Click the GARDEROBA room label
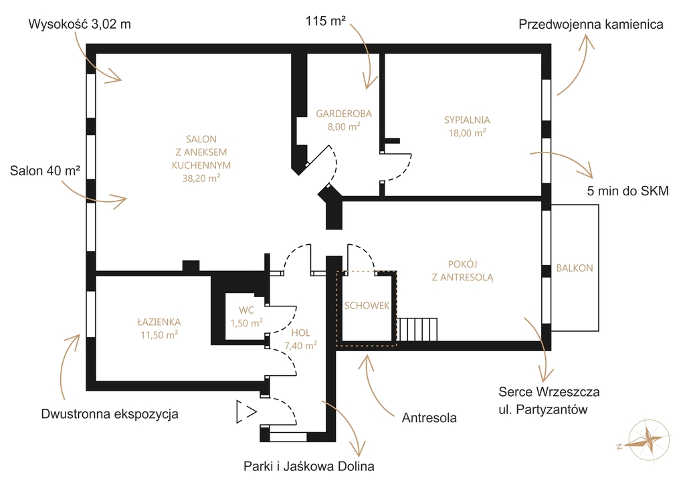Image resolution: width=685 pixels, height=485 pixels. pyautogui.click(x=344, y=114)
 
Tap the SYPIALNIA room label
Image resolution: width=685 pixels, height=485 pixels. pyautogui.click(x=467, y=120)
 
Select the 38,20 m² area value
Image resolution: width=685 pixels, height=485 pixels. pyautogui.click(x=201, y=178)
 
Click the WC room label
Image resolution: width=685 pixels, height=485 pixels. pyautogui.click(x=246, y=310)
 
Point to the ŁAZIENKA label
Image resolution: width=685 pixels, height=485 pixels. pyautogui.click(x=159, y=322)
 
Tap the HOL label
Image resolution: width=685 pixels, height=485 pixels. pyautogui.click(x=300, y=332)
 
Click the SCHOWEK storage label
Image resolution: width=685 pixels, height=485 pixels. pyautogui.click(x=367, y=306)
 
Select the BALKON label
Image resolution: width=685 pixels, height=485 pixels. pyautogui.click(x=575, y=268)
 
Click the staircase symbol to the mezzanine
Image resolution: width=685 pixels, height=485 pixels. pyautogui.click(x=417, y=329)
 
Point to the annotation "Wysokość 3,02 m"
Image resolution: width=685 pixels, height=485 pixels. pyautogui.click(x=80, y=24)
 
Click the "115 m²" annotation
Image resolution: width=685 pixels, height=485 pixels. pyautogui.click(x=326, y=21)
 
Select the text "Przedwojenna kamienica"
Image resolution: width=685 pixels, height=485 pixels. pyautogui.click(x=591, y=25)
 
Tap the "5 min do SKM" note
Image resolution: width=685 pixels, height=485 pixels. pyautogui.click(x=627, y=191)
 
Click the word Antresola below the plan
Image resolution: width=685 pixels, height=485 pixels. pyautogui.click(x=429, y=417)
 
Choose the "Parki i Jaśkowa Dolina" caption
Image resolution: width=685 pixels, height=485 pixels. pyautogui.click(x=309, y=466)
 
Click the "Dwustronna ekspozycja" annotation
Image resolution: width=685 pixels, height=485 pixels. pyautogui.click(x=110, y=414)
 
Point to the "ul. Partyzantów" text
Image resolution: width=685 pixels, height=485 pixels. pyautogui.click(x=543, y=410)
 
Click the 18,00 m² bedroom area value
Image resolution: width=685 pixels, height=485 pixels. pyautogui.click(x=467, y=133)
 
